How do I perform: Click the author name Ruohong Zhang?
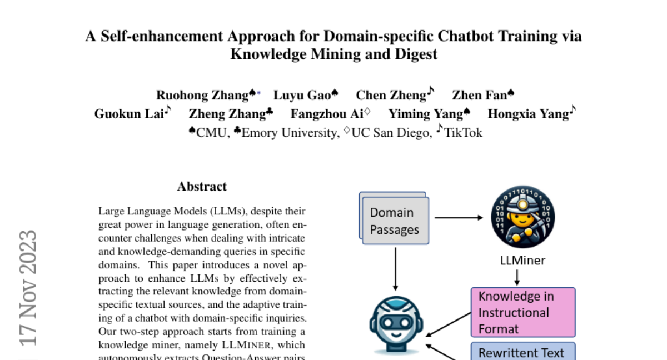202,96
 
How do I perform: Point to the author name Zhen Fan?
479,96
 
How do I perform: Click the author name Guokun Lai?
128,114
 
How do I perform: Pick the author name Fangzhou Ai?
326,114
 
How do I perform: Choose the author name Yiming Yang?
425,114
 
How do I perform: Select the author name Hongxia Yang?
528,114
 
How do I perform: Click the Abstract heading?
202,187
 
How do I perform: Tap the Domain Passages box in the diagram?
395,221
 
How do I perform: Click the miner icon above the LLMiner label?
523,217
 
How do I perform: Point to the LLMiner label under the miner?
523,260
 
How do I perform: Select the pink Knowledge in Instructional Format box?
522,312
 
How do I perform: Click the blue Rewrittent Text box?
522,352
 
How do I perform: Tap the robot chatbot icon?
396,324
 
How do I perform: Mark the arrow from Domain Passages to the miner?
459,218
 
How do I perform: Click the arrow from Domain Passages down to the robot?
395,268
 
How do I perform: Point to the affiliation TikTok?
462,133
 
